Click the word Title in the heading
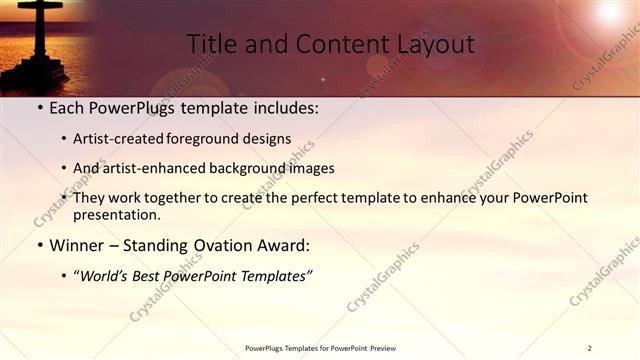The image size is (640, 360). coord(212,45)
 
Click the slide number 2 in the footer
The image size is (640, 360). coord(589,348)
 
